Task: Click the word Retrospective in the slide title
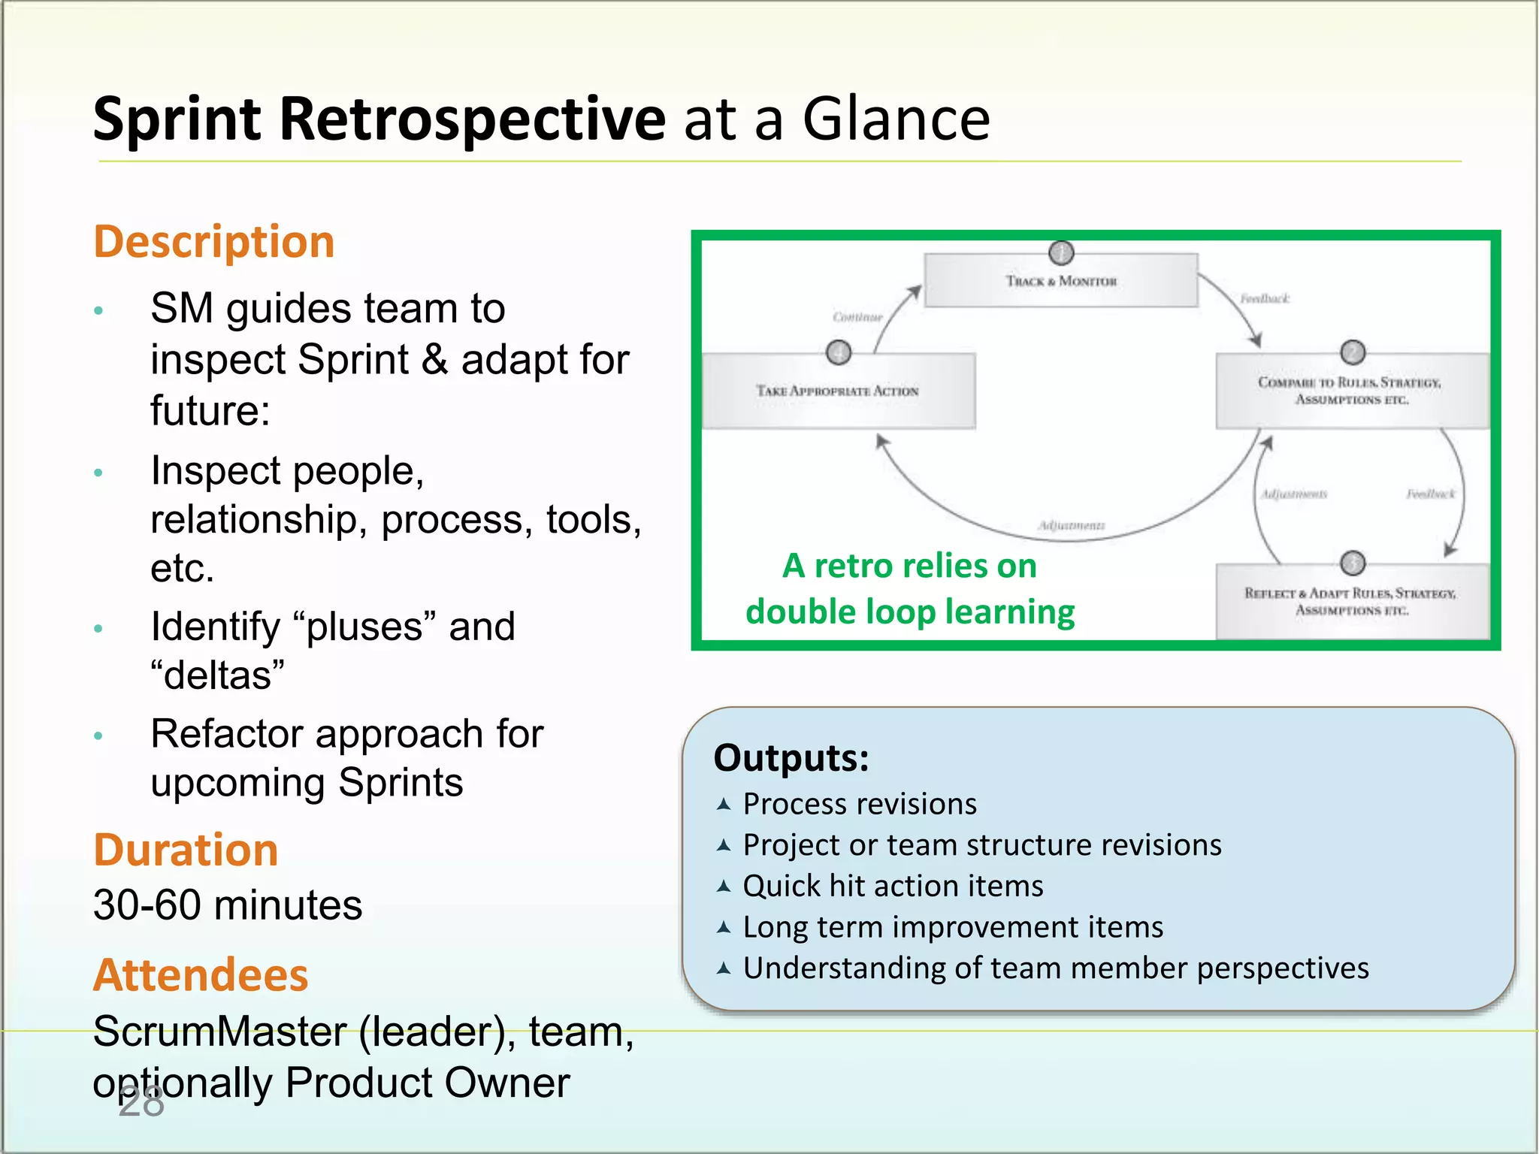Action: point(472,120)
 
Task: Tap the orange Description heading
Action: point(214,242)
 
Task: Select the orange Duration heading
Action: point(186,850)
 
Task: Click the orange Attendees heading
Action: point(201,975)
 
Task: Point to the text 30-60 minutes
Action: point(228,905)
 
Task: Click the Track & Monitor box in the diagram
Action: point(1060,281)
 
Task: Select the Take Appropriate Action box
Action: point(838,391)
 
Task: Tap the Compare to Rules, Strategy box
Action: point(1351,391)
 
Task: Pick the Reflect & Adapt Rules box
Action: point(1351,602)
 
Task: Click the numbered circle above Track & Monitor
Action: point(1061,252)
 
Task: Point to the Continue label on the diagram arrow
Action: point(857,317)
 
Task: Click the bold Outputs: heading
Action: point(791,757)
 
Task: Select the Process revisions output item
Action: point(859,804)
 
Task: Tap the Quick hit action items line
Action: point(893,886)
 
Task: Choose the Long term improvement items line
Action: point(952,927)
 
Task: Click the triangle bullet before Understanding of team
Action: point(724,968)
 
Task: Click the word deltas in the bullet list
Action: point(218,675)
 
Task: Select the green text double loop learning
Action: point(909,612)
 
